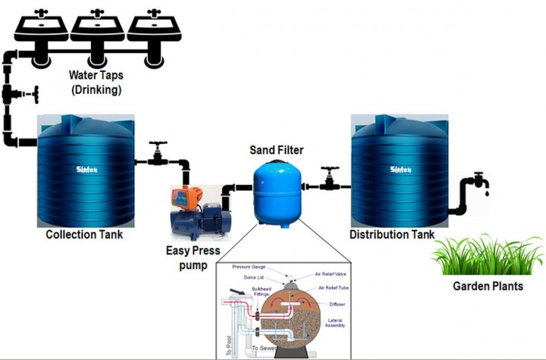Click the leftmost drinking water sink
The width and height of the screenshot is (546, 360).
point(42,26)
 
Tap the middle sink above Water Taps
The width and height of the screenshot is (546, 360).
point(98,26)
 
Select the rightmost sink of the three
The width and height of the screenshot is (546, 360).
point(153,26)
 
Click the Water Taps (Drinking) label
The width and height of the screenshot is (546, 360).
point(97,83)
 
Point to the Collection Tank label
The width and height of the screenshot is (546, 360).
point(84,234)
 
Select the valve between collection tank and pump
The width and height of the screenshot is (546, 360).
point(158,154)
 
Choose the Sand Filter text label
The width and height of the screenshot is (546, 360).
point(277,149)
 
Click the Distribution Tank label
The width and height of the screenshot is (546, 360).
point(392,234)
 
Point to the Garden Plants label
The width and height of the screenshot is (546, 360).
point(488,286)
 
